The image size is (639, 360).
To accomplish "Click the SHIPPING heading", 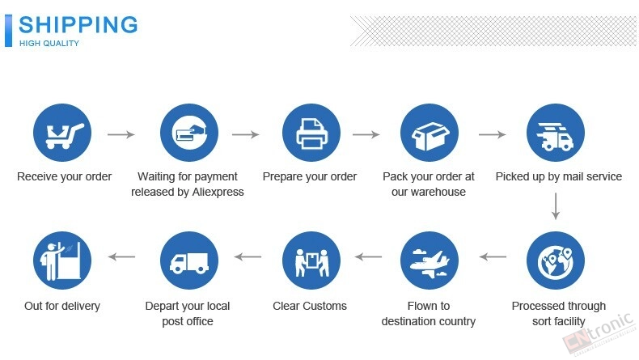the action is coord(78,25).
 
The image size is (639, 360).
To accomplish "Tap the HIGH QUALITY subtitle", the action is coord(49,43).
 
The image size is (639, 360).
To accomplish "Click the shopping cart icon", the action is coord(62,133).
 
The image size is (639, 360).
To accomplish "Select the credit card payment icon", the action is coord(189,133).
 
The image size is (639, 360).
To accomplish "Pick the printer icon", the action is coord(311,133).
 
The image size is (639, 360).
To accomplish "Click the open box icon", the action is coord(430,133).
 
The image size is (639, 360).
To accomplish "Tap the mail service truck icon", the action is coord(556,133).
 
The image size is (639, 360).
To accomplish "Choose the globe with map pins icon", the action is coord(556,260).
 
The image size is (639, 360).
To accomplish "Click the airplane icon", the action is coord(430,260).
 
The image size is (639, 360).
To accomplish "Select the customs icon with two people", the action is coord(311,260).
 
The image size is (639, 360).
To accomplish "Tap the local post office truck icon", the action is coord(189,260).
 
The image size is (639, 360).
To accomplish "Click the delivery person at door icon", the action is coord(62,260).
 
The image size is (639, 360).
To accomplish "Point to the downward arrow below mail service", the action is coord(556,206).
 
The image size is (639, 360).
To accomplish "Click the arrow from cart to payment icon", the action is coord(121,134).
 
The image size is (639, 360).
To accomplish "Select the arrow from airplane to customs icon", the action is coord(368,256).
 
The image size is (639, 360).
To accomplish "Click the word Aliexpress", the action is coord(218,192).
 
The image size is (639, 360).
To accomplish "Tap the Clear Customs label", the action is coord(310,306).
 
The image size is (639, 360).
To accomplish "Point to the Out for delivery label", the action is coord(62,306).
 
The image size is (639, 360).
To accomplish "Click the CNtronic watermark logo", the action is coord(599,333).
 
